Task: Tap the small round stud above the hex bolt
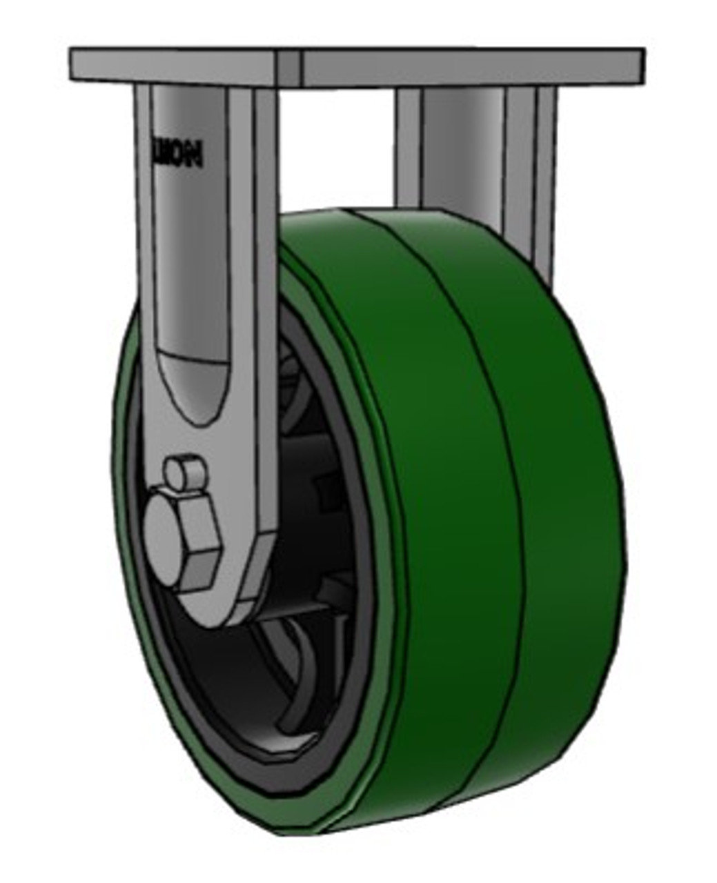coord(184,473)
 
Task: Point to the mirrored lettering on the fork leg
coord(178,154)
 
